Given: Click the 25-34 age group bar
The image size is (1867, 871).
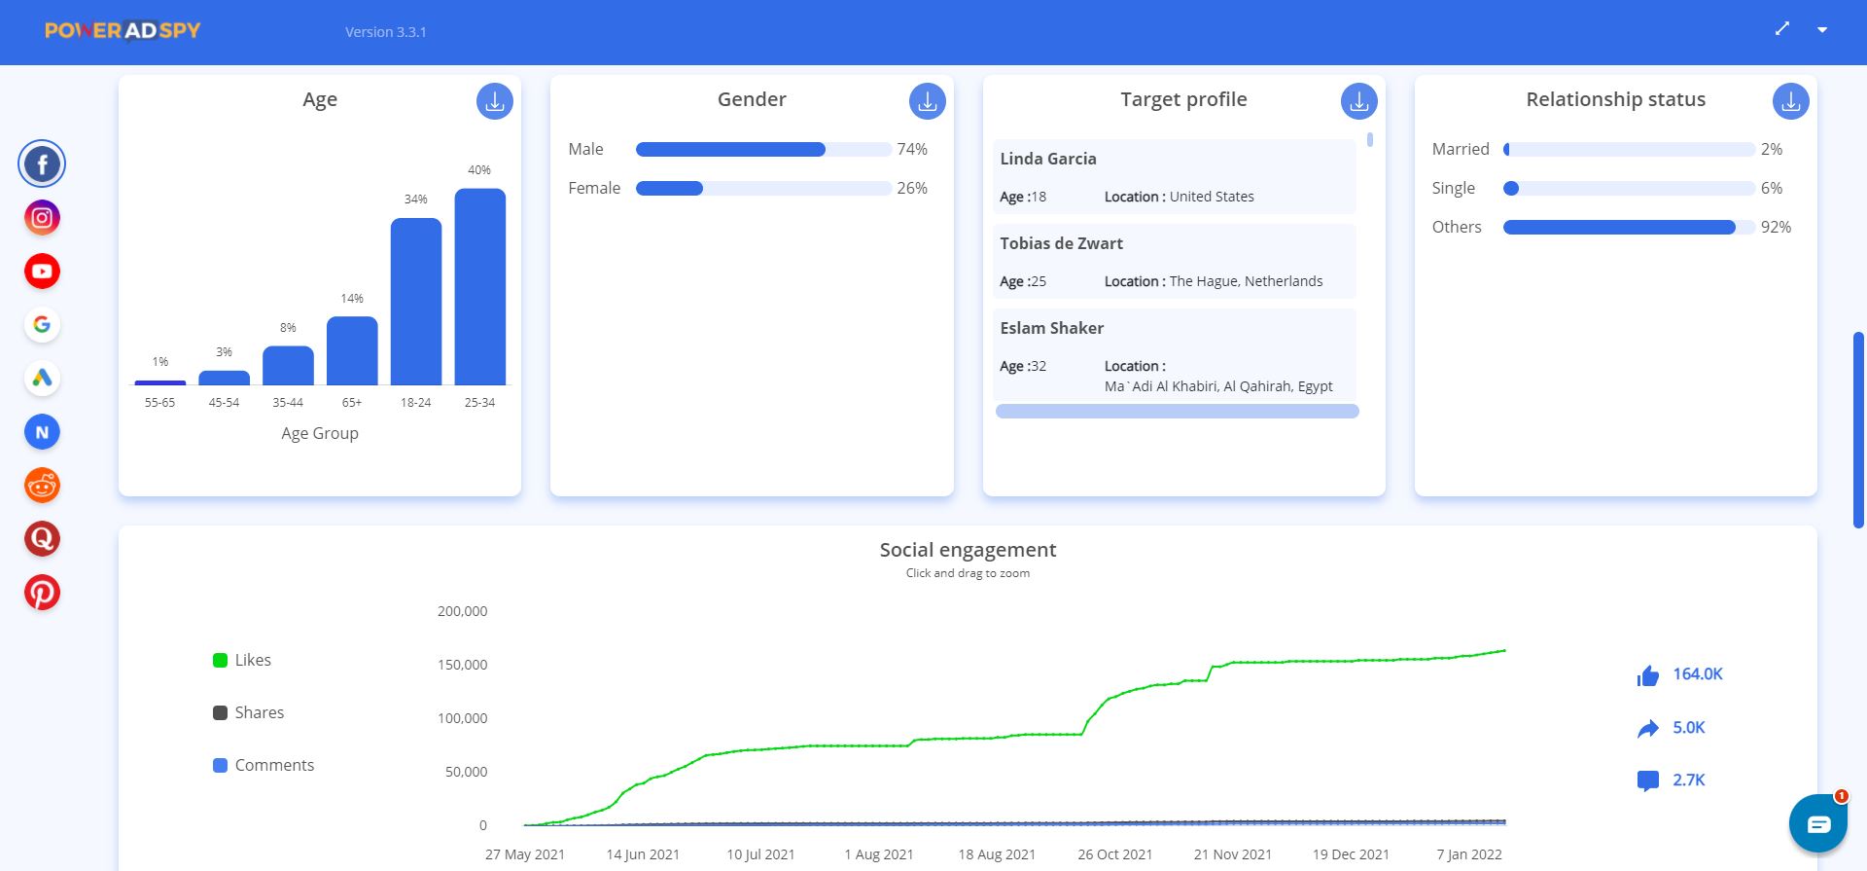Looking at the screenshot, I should click(479, 287).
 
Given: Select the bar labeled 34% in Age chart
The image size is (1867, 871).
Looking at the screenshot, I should click(415, 302).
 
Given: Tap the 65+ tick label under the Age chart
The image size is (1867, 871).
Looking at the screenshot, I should click(351, 402).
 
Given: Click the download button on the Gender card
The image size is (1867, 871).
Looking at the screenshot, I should click(927, 101).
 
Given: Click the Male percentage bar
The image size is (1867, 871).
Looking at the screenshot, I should click(730, 149).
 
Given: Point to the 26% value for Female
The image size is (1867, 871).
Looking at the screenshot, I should click(911, 188).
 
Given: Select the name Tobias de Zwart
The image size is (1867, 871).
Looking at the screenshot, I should click(1061, 243).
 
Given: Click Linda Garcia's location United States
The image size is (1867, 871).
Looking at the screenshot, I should click(1211, 197).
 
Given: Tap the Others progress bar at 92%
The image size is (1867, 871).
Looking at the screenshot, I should click(1619, 227).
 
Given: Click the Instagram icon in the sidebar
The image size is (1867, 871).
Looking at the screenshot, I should click(42, 218).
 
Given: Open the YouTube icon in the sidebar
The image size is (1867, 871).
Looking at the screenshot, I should click(42, 272).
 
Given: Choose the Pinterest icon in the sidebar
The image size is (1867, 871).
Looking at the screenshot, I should click(42, 592).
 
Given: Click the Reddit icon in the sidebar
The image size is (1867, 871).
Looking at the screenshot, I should click(42, 485).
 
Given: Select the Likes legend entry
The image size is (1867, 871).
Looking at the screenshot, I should click(242, 660).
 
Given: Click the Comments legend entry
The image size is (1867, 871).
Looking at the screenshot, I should click(264, 765).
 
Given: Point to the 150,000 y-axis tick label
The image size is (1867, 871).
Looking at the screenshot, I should click(462, 665).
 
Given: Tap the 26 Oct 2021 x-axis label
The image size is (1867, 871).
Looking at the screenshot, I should click(1114, 854).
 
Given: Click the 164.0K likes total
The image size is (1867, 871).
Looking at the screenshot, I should click(1697, 673).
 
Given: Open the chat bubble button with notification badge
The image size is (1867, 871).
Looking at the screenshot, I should click(1817, 824).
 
